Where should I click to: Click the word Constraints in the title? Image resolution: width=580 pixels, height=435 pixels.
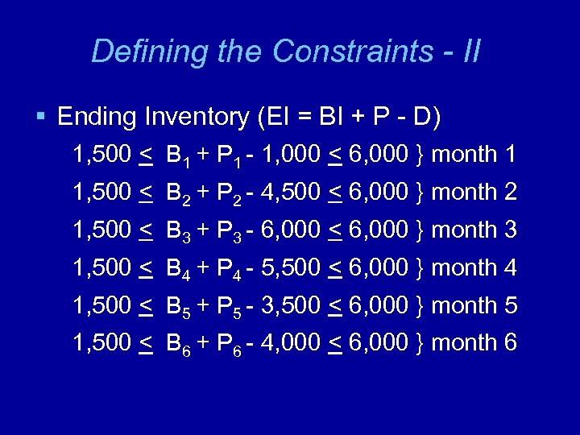click(352, 52)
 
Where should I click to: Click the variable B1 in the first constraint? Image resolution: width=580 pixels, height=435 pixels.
click(177, 155)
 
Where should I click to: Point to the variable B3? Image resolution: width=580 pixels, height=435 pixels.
click(177, 231)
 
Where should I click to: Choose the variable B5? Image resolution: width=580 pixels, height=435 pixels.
click(177, 307)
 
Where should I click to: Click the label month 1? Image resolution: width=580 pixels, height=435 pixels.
click(474, 155)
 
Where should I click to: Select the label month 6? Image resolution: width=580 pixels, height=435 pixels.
click(474, 343)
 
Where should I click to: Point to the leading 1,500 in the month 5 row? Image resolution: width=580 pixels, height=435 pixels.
click(101, 306)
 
